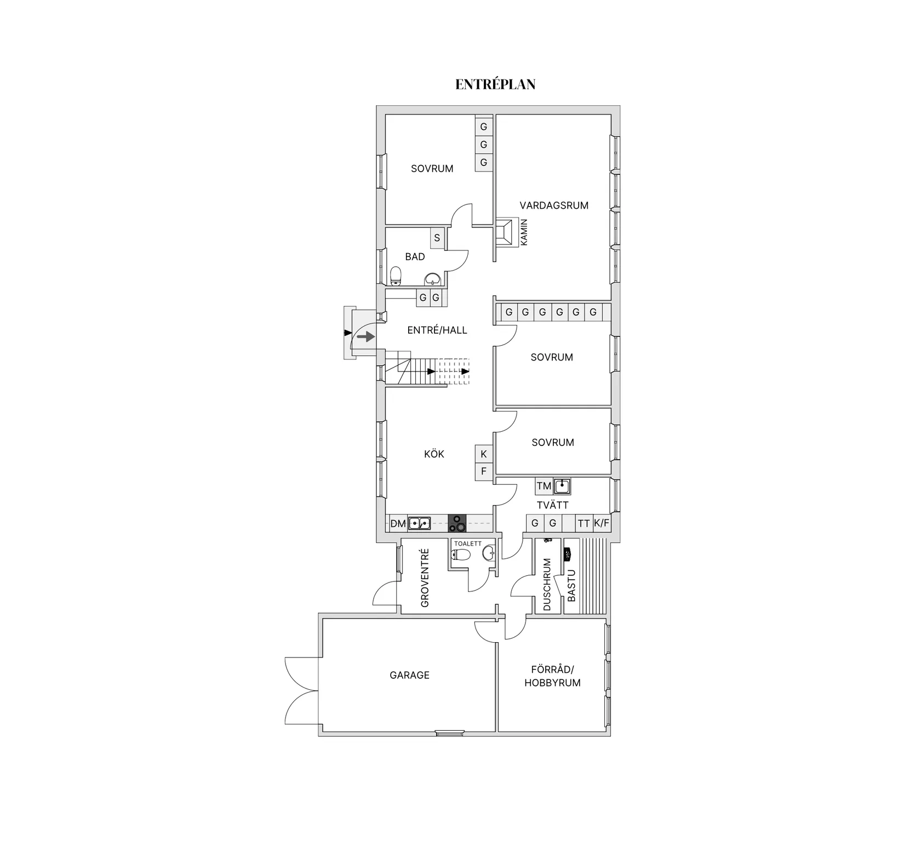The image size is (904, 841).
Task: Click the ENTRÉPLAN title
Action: [x=495, y=84]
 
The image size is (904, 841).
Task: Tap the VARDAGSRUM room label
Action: [x=554, y=205]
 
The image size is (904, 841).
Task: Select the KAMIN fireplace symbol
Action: [x=507, y=232]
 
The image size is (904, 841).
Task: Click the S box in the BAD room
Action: [x=437, y=238]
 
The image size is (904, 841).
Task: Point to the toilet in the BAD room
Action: [x=396, y=276]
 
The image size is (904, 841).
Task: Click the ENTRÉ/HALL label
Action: [x=437, y=330]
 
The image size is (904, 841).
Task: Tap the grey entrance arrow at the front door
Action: [x=366, y=336]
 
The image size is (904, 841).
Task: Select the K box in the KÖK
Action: [x=484, y=454]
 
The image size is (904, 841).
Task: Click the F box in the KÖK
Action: [x=484, y=471]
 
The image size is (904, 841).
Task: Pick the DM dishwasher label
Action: [x=398, y=524]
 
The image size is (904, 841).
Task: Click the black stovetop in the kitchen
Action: [x=457, y=523]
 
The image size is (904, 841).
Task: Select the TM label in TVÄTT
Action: [x=544, y=486]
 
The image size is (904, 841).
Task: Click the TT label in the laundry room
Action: [x=584, y=523]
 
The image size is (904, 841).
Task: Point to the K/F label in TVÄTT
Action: [x=602, y=523]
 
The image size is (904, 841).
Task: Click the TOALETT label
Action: [x=468, y=543]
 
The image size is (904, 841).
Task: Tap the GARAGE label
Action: [x=409, y=675]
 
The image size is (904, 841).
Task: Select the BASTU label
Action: [x=571, y=586]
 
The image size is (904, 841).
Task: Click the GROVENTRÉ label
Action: [x=425, y=578]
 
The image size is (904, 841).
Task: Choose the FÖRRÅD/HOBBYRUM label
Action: [x=552, y=676]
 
